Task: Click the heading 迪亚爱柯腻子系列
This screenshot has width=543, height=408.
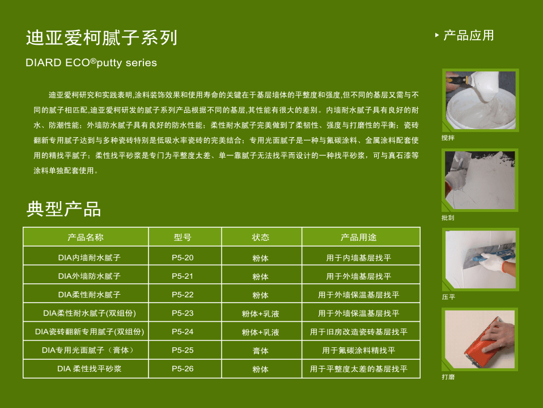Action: pos(101,38)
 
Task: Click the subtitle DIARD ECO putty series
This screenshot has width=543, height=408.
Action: pos(91,63)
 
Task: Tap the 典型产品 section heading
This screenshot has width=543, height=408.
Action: pos(63,209)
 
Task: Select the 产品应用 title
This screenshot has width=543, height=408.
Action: pos(469,35)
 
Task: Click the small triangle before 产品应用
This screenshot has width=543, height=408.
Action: pos(437,35)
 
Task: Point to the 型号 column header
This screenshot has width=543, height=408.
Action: pos(183,237)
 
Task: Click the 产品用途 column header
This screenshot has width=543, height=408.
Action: pos(358,237)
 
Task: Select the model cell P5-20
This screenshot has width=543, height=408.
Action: pos(183,258)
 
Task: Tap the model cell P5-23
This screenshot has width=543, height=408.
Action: pos(183,313)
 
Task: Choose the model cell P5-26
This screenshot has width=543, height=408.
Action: pos(183,369)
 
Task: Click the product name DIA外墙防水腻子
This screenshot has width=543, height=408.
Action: pos(90,276)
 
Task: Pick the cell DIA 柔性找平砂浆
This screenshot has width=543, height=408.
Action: pos(90,369)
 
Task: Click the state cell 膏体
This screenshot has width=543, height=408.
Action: pos(260,351)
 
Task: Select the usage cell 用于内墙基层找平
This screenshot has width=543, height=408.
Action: pos(358,258)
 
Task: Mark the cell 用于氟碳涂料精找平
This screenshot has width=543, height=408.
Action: pos(358,351)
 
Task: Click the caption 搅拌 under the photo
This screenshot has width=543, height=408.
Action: pos(448,138)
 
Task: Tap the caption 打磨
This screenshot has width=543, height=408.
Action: pos(448,377)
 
